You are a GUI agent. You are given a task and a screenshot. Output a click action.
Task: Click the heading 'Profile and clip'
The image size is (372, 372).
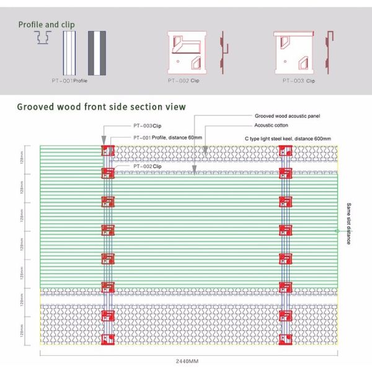point(46,25)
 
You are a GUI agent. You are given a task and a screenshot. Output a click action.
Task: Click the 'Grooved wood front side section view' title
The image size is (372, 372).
point(101,107)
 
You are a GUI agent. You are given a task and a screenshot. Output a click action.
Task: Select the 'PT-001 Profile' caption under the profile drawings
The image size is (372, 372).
point(70,81)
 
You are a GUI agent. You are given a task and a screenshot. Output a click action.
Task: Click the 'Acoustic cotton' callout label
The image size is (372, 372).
point(272,126)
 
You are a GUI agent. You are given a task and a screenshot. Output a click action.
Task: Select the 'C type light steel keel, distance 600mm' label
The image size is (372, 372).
point(288,138)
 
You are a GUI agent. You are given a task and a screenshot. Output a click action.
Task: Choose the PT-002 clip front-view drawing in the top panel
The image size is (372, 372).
point(187,51)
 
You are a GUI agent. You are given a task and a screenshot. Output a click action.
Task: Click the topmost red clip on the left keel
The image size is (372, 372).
point(108,151)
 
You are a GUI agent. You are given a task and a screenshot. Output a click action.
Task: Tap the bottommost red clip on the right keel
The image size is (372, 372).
point(285,339)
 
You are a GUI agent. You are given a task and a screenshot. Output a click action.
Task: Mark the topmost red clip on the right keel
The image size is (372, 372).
point(285,151)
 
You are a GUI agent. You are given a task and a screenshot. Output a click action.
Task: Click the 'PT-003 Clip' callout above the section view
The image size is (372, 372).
point(147,126)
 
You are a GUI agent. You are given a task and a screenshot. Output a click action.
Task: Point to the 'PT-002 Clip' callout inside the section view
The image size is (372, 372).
point(147,167)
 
